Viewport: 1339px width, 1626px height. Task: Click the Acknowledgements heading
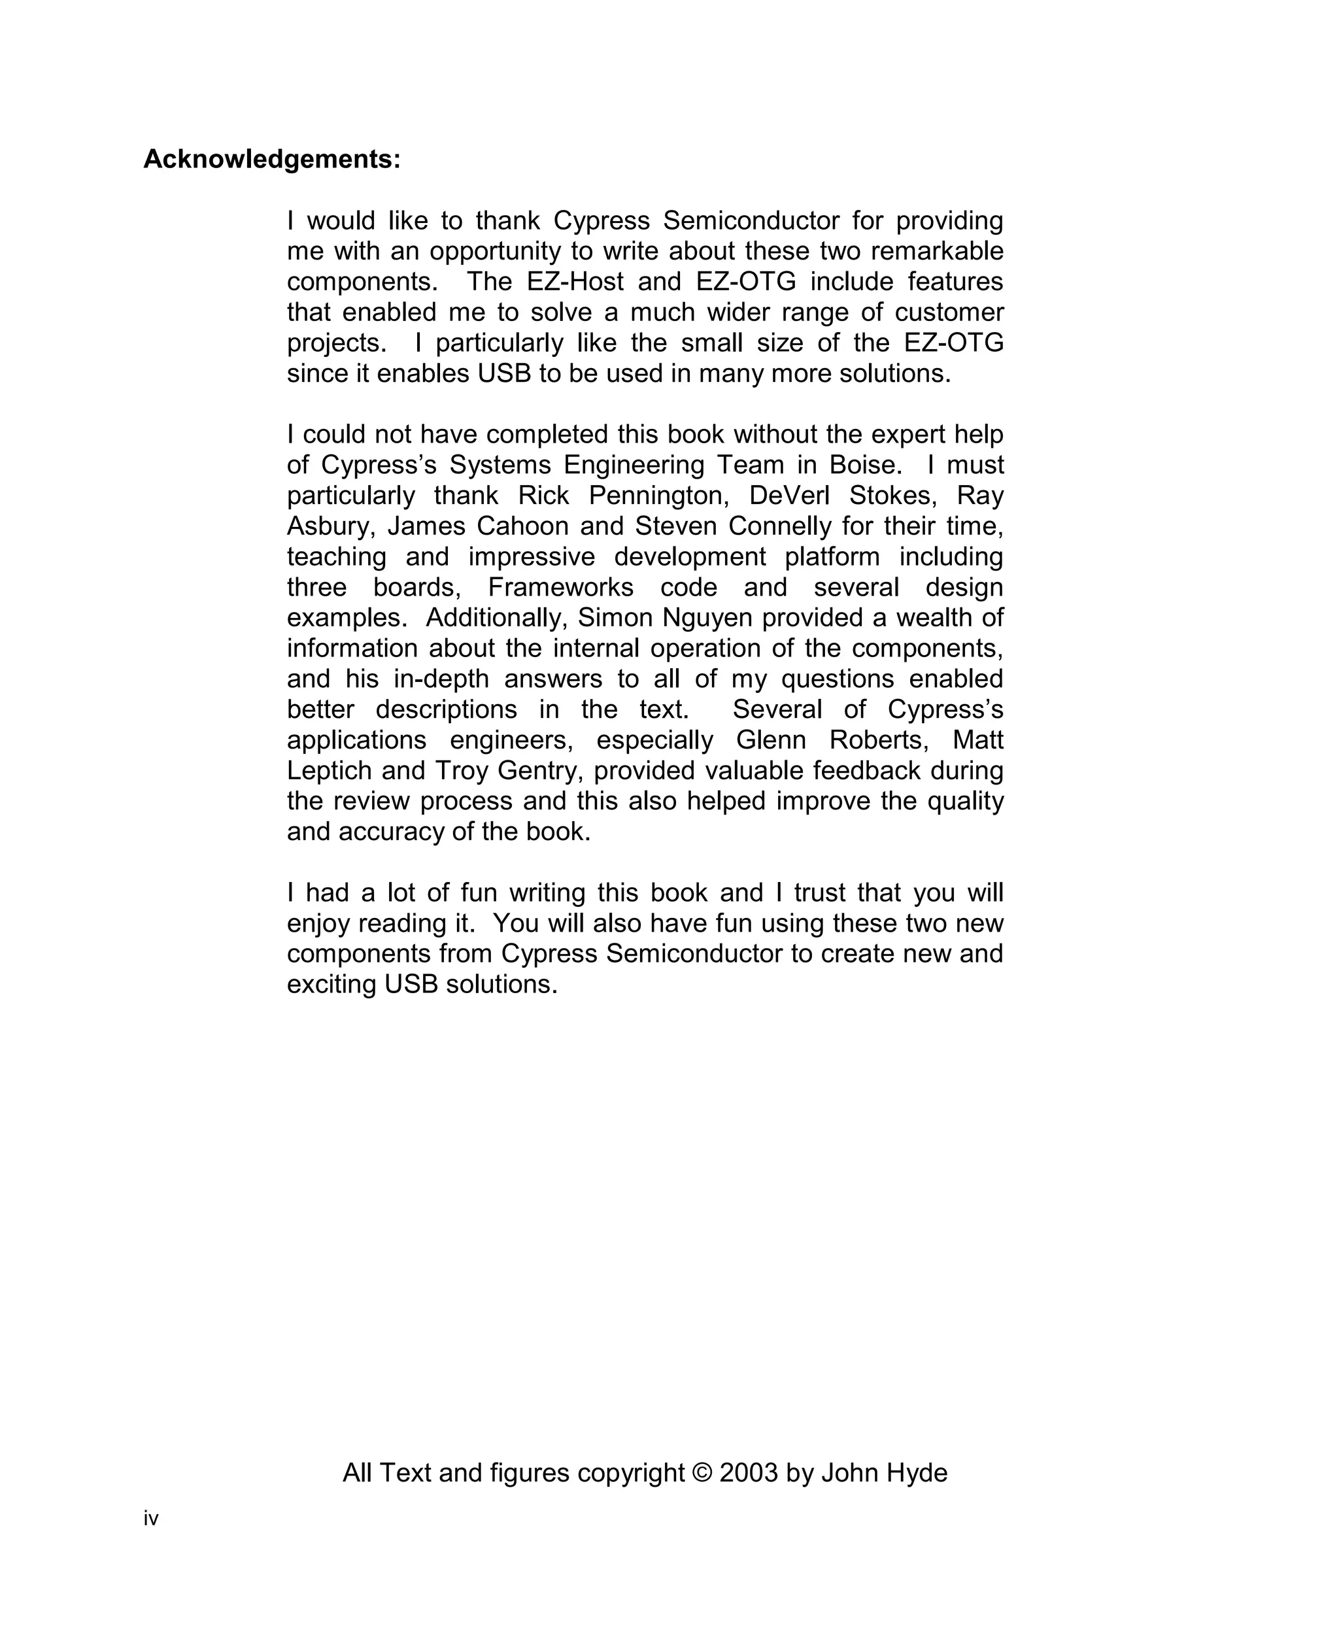(271, 160)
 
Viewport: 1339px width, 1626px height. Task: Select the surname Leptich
(330, 771)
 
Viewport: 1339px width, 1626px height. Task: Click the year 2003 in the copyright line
(748, 1473)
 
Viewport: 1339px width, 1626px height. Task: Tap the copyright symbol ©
(703, 1473)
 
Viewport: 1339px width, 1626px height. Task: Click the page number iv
(150, 1519)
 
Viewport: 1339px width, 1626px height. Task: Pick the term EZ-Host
(575, 282)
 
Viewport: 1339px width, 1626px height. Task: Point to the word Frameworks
(561, 588)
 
